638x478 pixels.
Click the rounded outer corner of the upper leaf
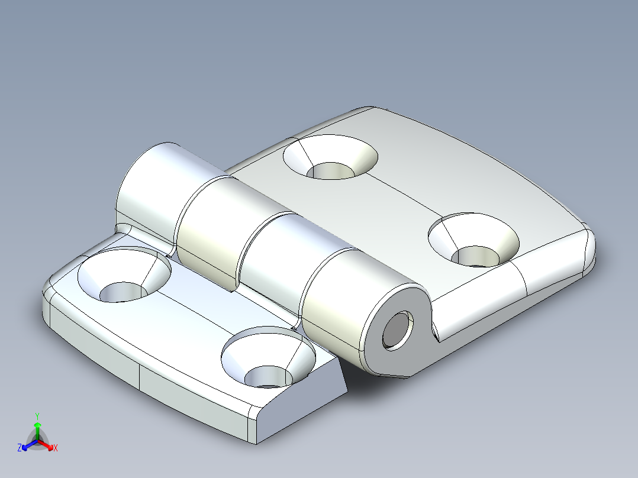[x=586, y=248]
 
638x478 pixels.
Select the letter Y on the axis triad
[x=37, y=415]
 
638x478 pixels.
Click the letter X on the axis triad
[x=56, y=448]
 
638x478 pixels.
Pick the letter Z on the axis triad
[x=20, y=448]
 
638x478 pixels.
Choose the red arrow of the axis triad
[x=49, y=445]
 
